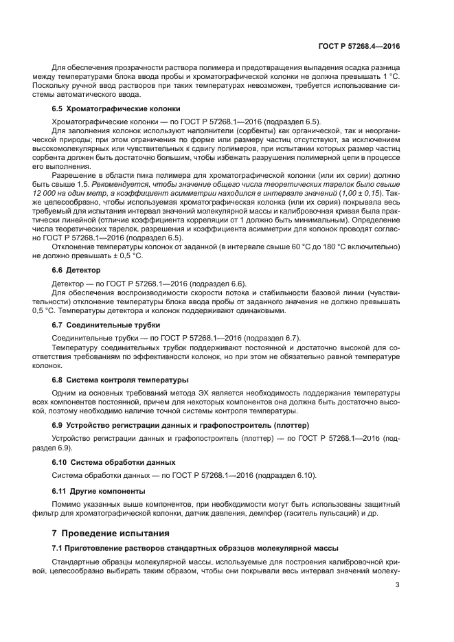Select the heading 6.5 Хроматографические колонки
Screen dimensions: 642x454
[116, 108]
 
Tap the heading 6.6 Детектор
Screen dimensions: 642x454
[76, 271]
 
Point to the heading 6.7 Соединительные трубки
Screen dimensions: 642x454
[106, 324]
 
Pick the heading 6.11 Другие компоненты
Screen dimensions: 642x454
[99, 491]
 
